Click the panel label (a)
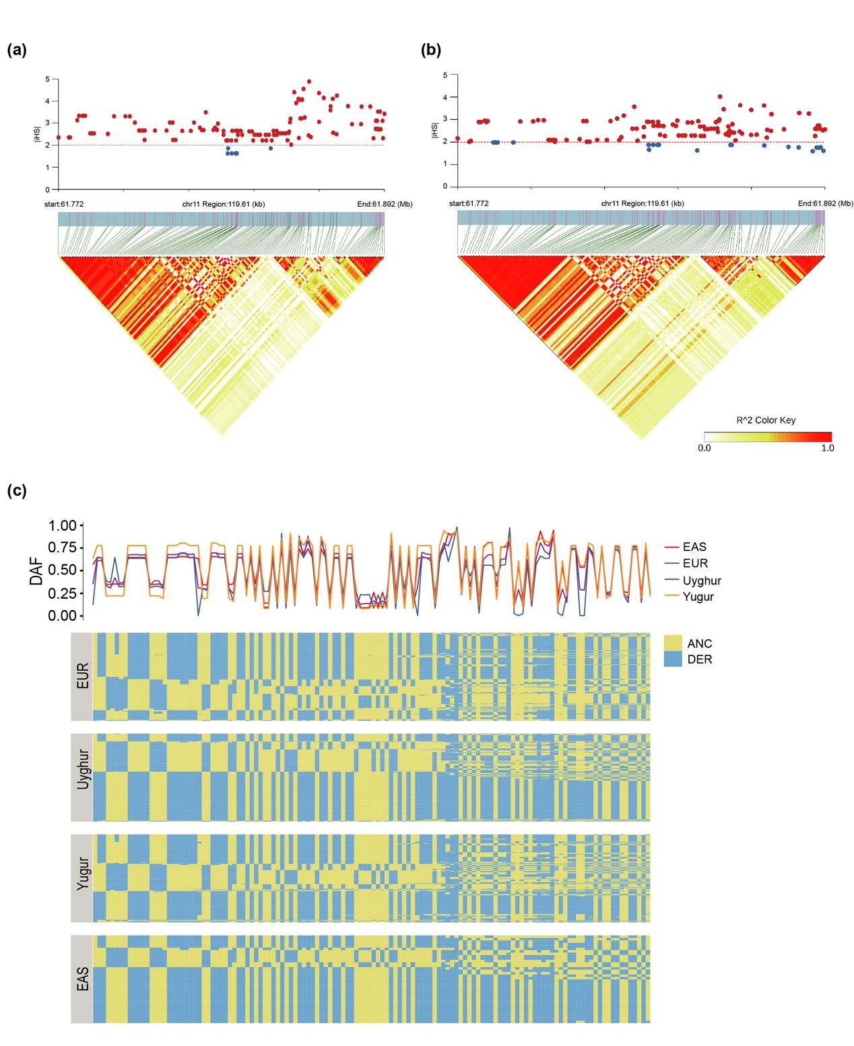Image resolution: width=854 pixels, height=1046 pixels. click(17, 50)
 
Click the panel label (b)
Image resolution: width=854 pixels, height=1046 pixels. click(430, 50)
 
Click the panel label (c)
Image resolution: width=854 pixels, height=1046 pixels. click(17, 490)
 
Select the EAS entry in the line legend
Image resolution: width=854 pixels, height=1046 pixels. click(694, 547)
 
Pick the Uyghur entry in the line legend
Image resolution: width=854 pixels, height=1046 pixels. click(702, 581)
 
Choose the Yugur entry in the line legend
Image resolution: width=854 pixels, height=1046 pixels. click(698, 597)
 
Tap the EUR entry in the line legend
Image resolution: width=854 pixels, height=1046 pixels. click(695, 564)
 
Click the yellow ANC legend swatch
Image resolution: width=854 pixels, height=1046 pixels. click(673, 643)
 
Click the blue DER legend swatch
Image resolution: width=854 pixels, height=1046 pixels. click(673, 659)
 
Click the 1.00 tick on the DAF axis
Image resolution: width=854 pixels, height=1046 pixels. click(62, 526)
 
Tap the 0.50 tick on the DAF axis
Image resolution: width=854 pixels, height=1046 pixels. click(62, 570)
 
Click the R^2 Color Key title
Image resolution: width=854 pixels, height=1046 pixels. click(766, 420)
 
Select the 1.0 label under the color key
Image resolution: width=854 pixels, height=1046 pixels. click(828, 448)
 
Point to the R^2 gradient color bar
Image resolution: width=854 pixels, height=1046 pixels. click(768, 436)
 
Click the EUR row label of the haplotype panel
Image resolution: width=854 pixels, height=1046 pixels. click(82, 676)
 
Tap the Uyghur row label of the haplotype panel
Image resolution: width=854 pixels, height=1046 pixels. click(82, 769)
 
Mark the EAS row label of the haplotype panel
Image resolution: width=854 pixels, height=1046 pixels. click(82, 979)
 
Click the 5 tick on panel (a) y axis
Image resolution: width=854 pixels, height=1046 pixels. click(47, 79)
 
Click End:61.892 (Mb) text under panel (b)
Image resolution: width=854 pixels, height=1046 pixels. click(825, 203)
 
